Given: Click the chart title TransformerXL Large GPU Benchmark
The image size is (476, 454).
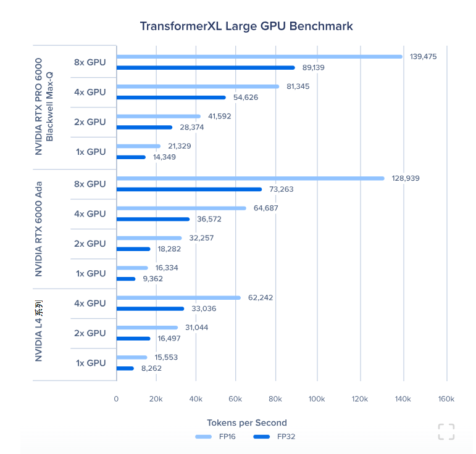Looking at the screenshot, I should (246, 26).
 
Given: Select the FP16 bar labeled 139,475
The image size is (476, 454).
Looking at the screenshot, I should (259, 57).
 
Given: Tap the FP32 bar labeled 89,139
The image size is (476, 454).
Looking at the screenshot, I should (206, 67).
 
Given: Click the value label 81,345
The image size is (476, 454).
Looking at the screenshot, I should (298, 86).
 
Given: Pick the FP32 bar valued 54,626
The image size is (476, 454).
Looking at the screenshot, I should (171, 97).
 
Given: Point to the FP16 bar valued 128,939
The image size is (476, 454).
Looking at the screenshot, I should (250, 178).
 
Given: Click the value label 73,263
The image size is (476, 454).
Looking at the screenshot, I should (282, 189).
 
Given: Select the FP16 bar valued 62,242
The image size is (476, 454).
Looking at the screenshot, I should (178, 297).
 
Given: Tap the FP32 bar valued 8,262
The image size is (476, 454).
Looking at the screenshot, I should (125, 368).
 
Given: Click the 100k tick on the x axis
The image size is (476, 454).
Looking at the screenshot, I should (317, 399).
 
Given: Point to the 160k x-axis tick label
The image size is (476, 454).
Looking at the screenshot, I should (446, 399).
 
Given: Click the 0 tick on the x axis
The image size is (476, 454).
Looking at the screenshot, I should (116, 399).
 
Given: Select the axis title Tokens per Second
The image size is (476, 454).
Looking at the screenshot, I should (246, 423).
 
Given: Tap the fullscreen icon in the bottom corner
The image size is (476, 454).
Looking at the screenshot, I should (446, 432).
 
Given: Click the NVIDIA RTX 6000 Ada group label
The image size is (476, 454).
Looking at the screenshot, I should (38, 228).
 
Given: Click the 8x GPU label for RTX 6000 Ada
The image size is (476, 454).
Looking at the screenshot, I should (90, 184).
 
